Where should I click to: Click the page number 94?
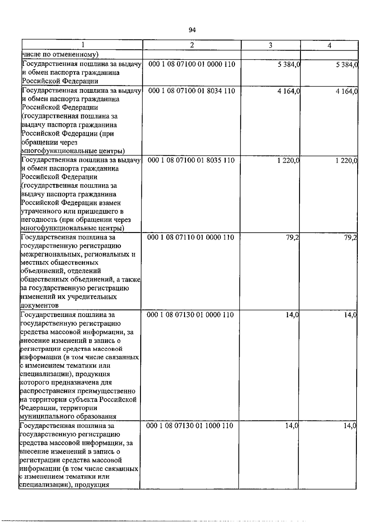[x=192, y=30]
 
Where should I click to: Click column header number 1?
[x=82, y=45]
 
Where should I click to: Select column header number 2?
[x=192, y=45]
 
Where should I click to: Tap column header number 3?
[x=270, y=45]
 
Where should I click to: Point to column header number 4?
[x=329, y=45]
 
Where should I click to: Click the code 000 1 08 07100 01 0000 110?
[x=192, y=64]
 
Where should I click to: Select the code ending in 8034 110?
[x=192, y=91]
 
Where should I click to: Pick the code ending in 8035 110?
[x=191, y=160]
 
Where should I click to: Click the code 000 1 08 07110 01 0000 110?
[x=191, y=237]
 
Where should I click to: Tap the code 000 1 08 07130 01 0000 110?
[x=190, y=315]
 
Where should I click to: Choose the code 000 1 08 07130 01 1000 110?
[x=190, y=426]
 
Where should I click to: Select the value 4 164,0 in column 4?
[x=347, y=91]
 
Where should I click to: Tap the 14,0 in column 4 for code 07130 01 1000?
[x=350, y=426]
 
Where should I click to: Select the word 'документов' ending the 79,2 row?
[x=39, y=305]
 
